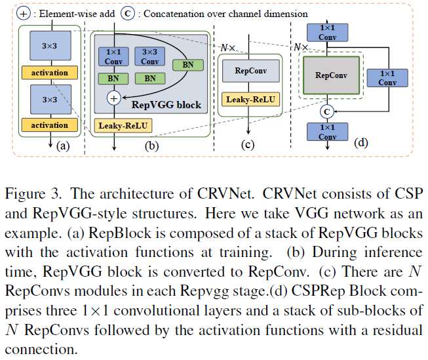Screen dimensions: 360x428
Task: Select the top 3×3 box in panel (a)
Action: [49, 46]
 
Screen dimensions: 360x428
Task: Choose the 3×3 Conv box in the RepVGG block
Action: [149, 57]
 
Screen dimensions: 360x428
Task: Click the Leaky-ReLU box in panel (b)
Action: [121, 125]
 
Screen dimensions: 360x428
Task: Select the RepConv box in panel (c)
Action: [246, 70]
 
